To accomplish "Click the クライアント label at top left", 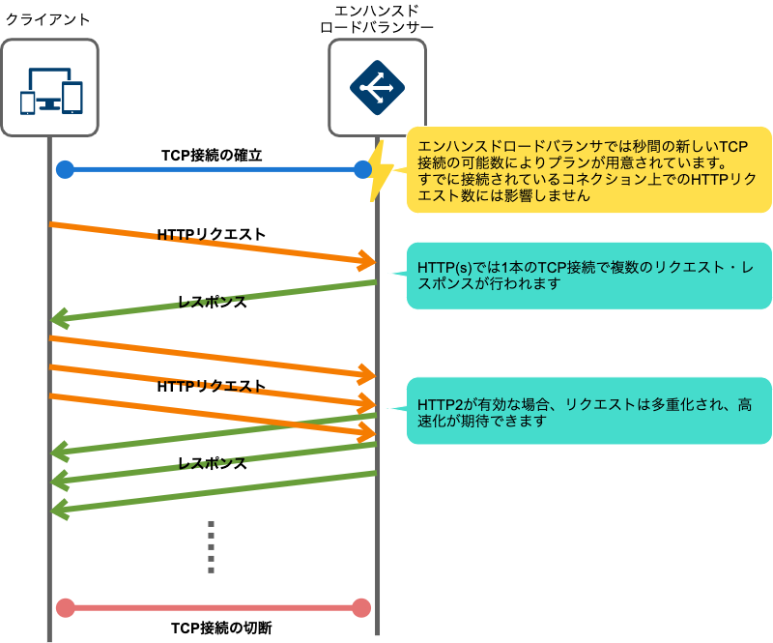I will tap(49, 19).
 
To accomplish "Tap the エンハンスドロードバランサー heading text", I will tap(376, 19).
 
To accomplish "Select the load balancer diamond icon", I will tap(376, 88).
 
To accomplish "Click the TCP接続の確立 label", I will tap(212, 154).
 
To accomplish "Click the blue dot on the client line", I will tap(65, 170).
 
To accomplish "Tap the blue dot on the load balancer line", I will tap(363, 170).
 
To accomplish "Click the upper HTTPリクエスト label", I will tap(211, 234).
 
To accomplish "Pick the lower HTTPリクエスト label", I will tap(211, 385).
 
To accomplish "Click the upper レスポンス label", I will tap(213, 302).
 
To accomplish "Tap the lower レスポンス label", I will tap(213, 463).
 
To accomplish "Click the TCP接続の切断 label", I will tap(212, 628).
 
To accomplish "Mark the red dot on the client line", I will tap(65, 607).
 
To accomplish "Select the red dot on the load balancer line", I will tap(362, 607).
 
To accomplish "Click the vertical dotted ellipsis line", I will tap(211, 546).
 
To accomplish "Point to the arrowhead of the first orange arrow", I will tap(367, 260).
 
